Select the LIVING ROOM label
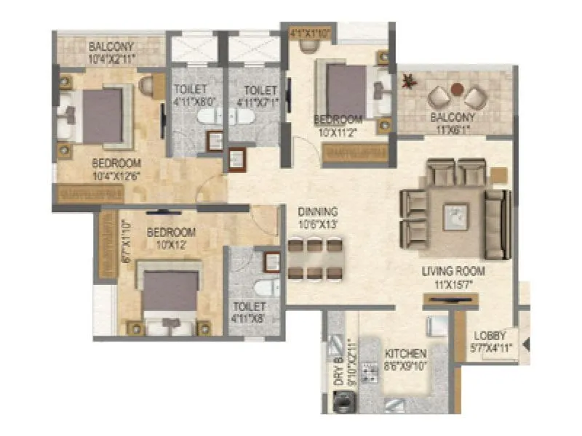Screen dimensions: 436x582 (453, 271)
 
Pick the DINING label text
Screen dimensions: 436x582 (318, 212)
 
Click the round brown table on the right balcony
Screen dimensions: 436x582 (455, 89)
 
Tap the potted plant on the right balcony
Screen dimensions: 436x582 (412, 80)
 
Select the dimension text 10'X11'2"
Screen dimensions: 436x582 (338, 133)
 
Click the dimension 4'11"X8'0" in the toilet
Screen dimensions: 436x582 (193, 102)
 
